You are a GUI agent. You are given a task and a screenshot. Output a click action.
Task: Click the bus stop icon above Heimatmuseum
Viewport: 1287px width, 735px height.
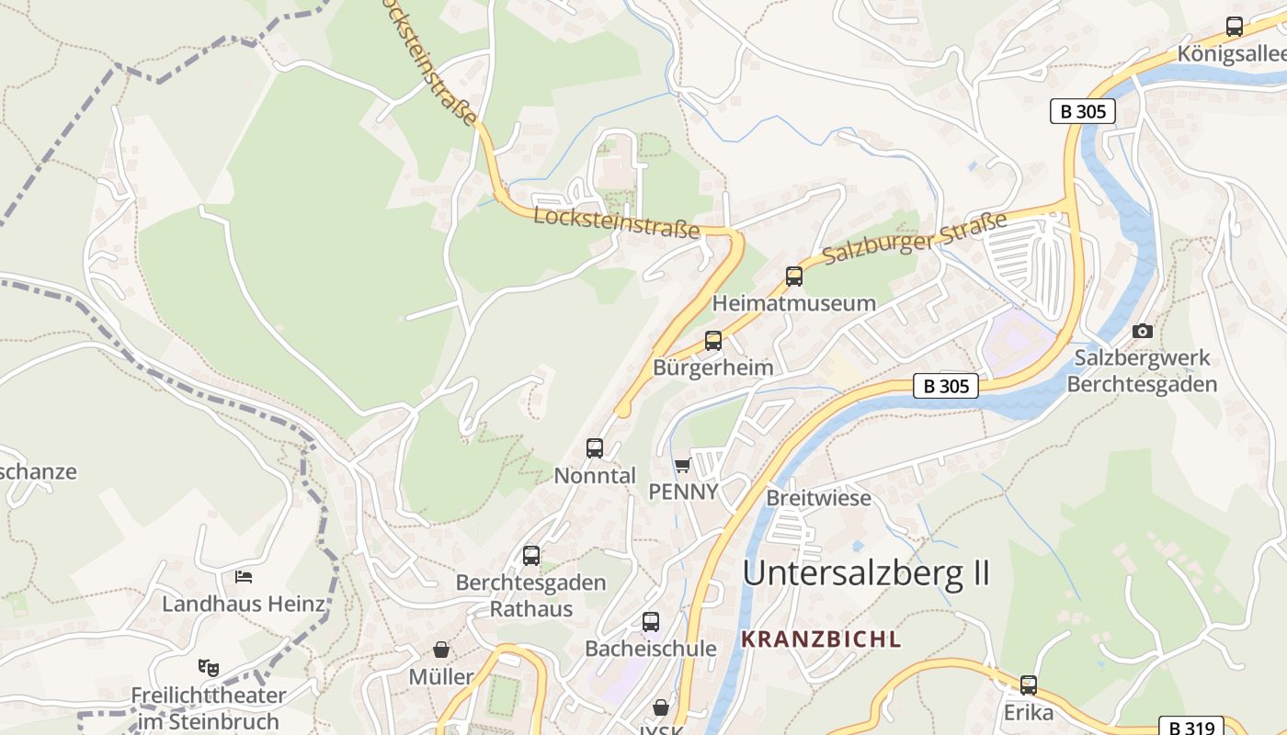tap(793, 276)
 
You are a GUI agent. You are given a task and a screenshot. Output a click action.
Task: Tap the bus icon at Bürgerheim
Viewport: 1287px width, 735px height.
tap(713, 341)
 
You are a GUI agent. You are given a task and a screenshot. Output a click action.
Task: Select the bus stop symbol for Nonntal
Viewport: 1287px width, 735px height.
tap(595, 448)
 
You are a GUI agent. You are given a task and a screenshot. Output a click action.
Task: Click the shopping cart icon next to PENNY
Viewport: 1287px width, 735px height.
tap(682, 465)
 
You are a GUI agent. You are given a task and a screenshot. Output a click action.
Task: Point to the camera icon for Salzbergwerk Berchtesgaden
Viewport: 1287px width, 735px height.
tap(1143, 331)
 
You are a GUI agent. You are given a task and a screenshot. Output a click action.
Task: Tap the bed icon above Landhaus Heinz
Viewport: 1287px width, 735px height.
tap(244, 577)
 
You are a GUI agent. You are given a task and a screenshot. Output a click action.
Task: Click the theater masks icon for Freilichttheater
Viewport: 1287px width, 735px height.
tap(209, 667)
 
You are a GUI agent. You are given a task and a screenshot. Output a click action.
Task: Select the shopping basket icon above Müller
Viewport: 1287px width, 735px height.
tap(441, 650)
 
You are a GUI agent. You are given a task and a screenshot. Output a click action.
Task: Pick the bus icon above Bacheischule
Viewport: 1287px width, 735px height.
tap(651, 622)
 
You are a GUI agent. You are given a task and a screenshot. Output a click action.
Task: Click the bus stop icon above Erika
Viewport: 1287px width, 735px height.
tap(1029, 685)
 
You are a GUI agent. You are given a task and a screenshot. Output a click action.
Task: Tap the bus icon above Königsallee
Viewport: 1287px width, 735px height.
tap(1235, 27)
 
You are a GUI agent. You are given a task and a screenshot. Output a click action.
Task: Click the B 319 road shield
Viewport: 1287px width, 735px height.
tap(1190, 727)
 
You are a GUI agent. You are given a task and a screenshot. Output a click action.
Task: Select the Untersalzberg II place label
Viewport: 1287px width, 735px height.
tap(866, 572)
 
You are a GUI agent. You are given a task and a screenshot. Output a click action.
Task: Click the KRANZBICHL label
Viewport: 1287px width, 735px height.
tap(821, 639)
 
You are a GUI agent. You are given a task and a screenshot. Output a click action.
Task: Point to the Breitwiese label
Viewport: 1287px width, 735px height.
tap(818, 498)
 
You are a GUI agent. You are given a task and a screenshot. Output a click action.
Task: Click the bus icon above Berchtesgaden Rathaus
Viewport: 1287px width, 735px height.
tap(531, 556)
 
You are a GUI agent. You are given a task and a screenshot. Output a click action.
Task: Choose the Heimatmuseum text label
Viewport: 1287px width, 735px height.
tap(793, 303)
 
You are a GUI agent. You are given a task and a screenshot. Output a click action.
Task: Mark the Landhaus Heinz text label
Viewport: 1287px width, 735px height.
tap(244, 604)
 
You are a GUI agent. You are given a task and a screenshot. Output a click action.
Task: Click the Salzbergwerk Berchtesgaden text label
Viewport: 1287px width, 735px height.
tap(1142, 370)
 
